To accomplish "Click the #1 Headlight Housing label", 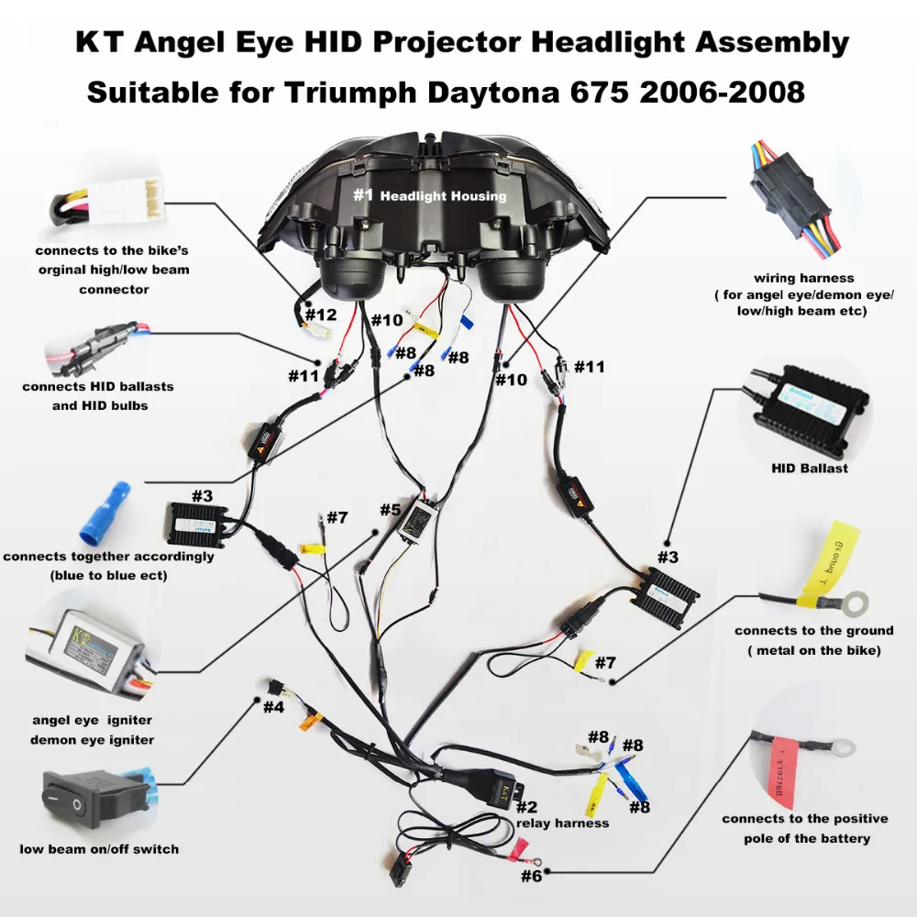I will pyautogui.click(x=430, y=195).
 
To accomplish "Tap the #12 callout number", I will pyautogui.click(x=321, y=315).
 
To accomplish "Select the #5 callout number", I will pyautogui.click(x=390, y=510).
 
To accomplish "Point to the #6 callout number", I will pyautogui.click(x=532, y=876).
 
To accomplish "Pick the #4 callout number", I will pyautogui.click(x=274, y=707).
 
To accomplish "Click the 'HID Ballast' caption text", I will pyautogui.click(x=809, y=469).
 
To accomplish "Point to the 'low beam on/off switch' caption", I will pyautogui.click(x=99, y=848).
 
